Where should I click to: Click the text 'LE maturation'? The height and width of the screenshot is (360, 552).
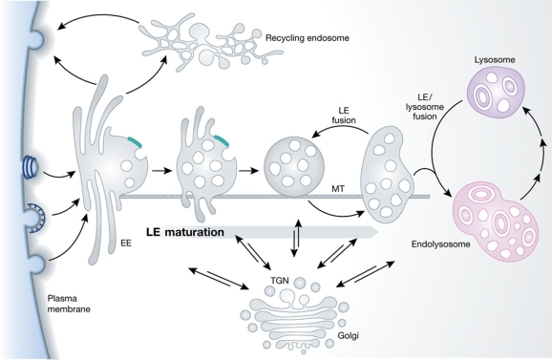click(x=187, y=230)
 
